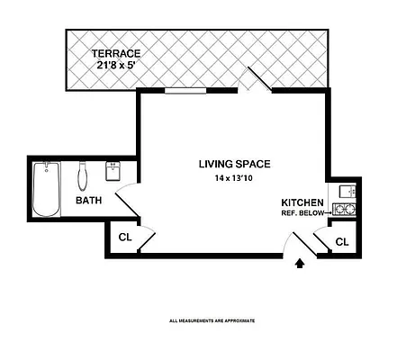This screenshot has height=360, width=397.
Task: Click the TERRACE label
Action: click(117, 52)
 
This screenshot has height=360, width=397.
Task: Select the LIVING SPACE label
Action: click(235, 164)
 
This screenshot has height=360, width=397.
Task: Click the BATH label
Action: click(88, 201)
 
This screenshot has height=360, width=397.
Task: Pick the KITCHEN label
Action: click(302, 202)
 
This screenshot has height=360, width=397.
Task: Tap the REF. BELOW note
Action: click(302, 214)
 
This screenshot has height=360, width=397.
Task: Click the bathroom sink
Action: click(114, 171)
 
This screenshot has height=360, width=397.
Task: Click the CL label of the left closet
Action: click(124, 238)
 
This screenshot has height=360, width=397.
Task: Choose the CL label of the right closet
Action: click(341, 242)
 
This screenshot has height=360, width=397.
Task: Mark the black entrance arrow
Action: click(301, 264)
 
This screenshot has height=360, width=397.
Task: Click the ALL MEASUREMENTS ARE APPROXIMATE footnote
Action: click(212, 320)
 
